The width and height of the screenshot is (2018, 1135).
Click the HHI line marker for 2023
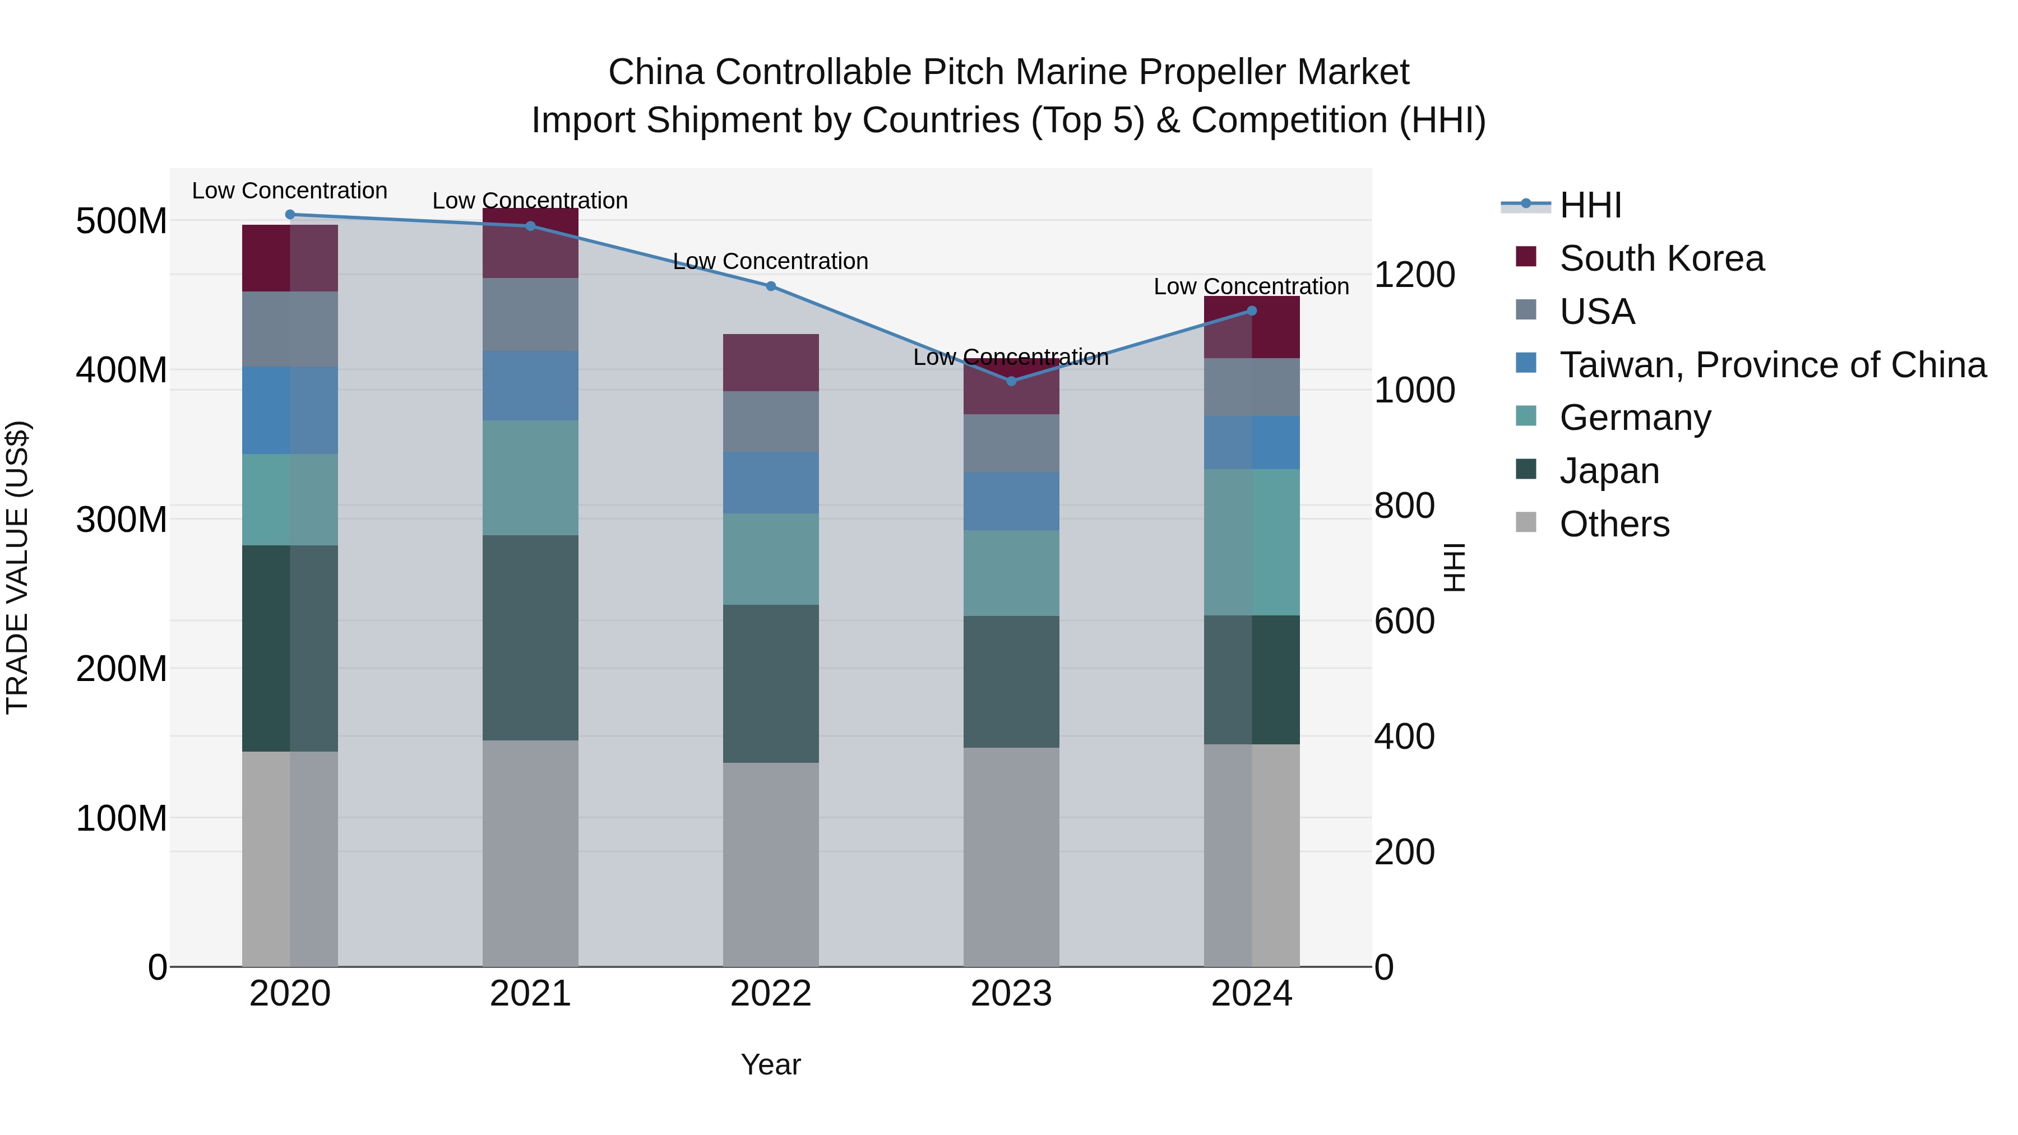coord(1011,381)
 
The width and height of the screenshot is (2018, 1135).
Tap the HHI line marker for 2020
coord(290,214)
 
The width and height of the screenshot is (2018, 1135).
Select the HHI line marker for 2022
coord(770,286)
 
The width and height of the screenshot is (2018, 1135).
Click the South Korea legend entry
coord(1661,258)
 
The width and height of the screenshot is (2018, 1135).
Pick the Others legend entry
coord(1614,524)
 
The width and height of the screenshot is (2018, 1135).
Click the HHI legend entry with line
coord(1590,205)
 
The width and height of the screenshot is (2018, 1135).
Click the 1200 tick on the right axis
coord(1414,275)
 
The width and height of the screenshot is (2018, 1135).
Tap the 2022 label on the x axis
coord(770,994)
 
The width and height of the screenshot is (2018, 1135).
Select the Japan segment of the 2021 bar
coord(530,638)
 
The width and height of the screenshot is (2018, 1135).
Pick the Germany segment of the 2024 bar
coord(1251,542)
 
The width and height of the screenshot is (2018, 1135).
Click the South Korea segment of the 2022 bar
coord(770,363)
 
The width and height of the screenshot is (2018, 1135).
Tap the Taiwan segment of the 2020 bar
coord(290,410)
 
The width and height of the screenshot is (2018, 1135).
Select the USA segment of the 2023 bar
coord(1011,443)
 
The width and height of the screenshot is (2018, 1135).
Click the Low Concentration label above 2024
coord(1251,286)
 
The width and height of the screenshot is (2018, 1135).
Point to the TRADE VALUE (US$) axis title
coord(17,567)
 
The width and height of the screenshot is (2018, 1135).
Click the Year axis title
coord(770,1064)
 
